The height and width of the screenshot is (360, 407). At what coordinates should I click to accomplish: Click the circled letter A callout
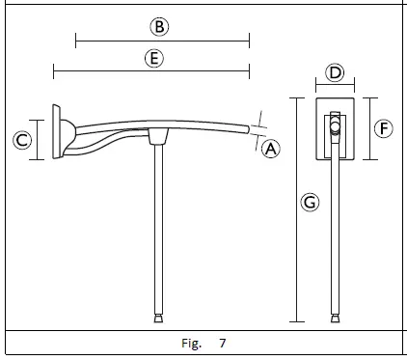(x=271, y=149)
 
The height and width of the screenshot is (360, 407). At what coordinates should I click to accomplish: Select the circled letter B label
(x=159, y=27)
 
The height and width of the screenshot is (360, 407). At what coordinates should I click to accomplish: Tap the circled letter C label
(x=22, y=141)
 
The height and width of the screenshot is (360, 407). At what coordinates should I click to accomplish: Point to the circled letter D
(x=335, y=72)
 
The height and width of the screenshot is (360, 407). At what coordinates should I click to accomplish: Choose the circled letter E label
(x=154, y=59)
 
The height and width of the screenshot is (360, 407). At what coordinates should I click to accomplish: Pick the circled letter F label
(x=384, y=128)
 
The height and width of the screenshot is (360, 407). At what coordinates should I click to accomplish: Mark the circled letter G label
(x=310, y=203)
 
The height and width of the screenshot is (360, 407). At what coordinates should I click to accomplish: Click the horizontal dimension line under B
(x=162, y=42)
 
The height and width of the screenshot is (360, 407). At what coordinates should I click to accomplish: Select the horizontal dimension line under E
(x=151, y=71)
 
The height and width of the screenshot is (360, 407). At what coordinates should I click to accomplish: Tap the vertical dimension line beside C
(x=37, y=140)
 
